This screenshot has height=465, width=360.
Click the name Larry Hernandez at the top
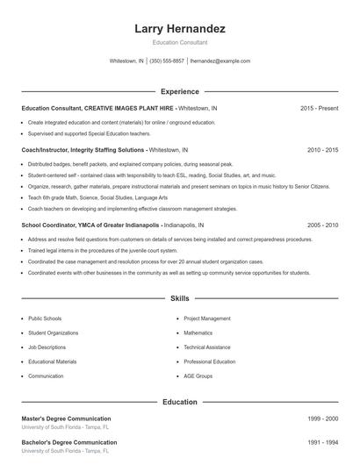180,29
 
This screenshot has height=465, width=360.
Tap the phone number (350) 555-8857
167,61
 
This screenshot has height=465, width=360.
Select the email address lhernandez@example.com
220,61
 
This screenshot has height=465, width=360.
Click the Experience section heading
180,91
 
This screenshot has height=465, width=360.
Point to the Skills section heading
180,299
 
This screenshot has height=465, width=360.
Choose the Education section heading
180,402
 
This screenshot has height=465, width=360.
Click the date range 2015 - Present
319,108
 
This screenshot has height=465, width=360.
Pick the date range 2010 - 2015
322,150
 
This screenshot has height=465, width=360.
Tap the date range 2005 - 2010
322,225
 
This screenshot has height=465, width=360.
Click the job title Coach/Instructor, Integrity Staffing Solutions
83,150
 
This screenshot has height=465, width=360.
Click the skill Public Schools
45,318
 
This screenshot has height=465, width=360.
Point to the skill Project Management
207,318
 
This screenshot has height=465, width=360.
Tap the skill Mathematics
198,333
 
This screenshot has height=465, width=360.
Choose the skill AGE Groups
198,376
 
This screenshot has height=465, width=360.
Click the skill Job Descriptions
47,347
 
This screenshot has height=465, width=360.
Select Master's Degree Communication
66,418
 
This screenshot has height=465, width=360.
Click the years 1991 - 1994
322,442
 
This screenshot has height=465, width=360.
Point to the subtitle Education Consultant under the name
180,42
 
